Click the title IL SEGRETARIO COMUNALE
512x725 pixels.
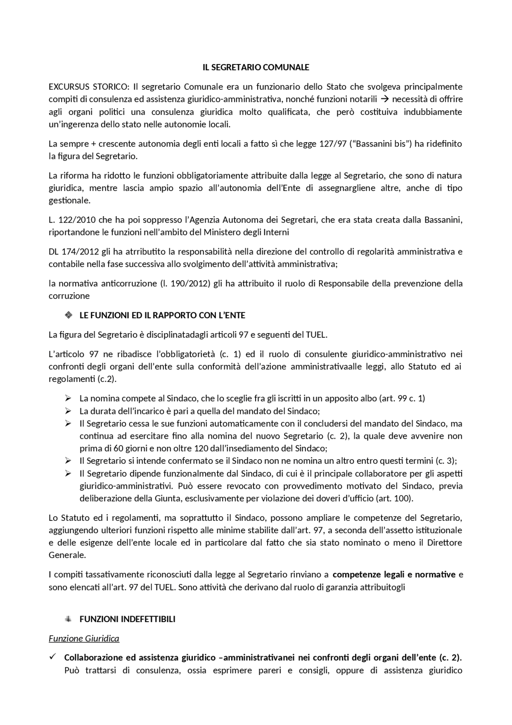pyautogui.click(x=256, y=67)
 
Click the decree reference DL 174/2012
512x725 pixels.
pyautogui.click(x=74, y=252)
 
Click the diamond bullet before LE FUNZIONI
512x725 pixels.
pyautogui.click(x=68, y=315)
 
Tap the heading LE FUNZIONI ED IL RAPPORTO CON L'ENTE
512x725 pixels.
pyautogui.click(x=162, y=315)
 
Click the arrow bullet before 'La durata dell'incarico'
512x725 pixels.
pyautogui.click(x=68, y=411)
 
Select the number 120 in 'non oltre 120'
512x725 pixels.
pyautogui.click(x=201, y=448)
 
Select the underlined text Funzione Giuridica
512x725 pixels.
pyautogui.click(x=84, y=639)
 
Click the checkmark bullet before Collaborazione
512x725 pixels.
pyautogui.click(x=52, y=657)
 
